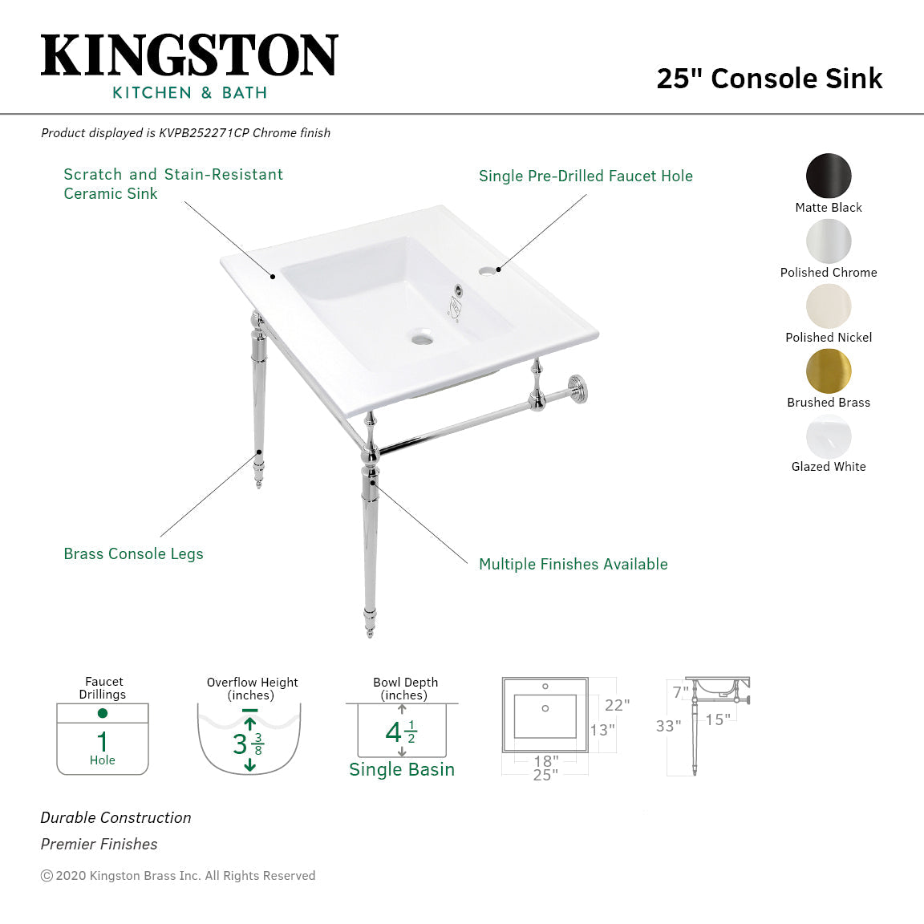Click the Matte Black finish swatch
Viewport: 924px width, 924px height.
click(829, 176)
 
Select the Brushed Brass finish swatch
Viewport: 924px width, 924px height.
click(829, 371)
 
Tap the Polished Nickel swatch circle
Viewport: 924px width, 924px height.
click(829, 306)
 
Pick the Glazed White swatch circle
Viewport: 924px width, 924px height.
click(829, 436)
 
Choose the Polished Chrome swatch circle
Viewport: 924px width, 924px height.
click(829, 241)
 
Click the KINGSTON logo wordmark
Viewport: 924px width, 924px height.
click(189, 55)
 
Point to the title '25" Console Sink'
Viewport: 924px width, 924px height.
click(769, 79)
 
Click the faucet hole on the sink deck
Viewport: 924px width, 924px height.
click(487, 271)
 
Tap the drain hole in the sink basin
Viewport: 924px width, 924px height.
click(422, 340)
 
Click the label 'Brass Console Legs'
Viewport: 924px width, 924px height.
click(133, 554)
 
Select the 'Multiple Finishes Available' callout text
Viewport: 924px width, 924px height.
click(573, 565)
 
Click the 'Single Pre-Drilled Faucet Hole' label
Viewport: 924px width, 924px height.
click(586, 176)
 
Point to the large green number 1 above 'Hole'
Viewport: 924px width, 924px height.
click(102, 741)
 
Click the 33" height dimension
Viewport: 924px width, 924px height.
click(668, 726)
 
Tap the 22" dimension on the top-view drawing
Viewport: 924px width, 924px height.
click(617, 705)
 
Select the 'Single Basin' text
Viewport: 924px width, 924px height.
click(402, 770)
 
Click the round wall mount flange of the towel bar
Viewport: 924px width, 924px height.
click(577, 388)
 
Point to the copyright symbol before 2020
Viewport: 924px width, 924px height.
click(47, 876)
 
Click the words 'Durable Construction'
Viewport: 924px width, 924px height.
click(116, 818)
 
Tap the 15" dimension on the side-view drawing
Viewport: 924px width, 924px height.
click(718, 720)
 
